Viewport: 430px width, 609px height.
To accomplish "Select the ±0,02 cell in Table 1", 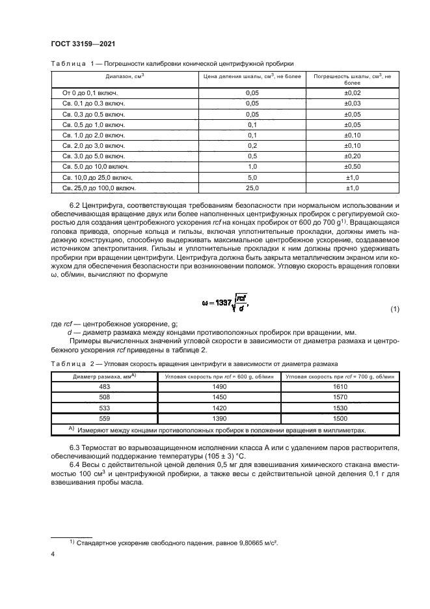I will [352, 94].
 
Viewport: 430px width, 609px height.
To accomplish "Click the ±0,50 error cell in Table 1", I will [352, 167].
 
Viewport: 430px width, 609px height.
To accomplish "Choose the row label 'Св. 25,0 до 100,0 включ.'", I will [98, 188].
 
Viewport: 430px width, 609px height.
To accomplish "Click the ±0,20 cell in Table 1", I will [352, 156].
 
